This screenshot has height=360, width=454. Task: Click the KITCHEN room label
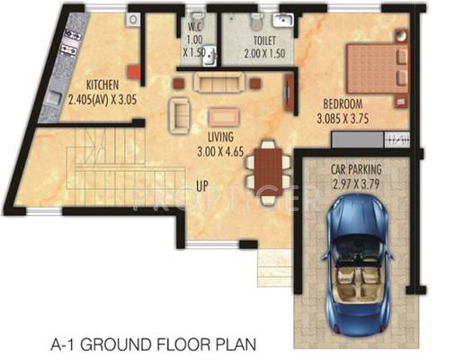102,85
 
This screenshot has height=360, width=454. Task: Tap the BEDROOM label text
343,104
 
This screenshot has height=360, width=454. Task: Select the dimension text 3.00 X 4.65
220,151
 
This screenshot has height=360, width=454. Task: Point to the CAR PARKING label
356,169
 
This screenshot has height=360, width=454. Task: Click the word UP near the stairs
202,186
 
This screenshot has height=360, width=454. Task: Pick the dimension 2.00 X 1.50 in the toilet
264,54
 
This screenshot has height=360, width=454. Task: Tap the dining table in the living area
268,172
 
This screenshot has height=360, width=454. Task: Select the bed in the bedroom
378,68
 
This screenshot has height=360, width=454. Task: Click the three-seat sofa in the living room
218,82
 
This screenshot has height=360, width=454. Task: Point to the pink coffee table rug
224,117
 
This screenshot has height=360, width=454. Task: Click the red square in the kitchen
134,72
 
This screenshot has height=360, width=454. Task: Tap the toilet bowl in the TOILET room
256,22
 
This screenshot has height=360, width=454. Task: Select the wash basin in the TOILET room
282,21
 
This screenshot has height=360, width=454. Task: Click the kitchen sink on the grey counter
53,97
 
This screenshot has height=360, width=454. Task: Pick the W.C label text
194,26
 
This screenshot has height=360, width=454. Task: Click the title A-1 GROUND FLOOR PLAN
154,344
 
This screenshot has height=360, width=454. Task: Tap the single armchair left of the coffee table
179,115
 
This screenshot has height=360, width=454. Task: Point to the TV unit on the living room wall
289,92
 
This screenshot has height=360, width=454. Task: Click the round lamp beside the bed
401,35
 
